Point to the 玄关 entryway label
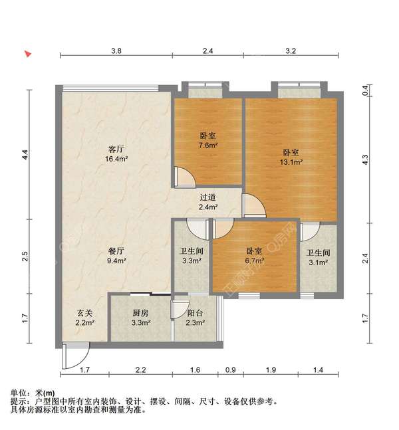coord(84,312)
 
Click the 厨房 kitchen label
coord(140,312)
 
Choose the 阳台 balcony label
coord(195,312)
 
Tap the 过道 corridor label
coord(208,197)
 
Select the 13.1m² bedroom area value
coord(291,161)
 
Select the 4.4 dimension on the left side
coord(25,155)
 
